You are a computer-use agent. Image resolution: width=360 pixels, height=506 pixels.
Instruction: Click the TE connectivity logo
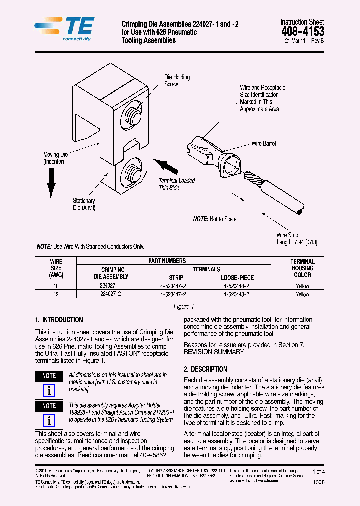click(x=64, y=29)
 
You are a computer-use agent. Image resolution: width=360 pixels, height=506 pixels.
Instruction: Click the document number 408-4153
click(x=302, y=32)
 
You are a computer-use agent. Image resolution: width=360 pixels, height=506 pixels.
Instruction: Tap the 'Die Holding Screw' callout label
click(x=177, y=81)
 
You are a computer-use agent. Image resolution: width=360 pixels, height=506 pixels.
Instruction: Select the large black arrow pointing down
click(x=51, y=183)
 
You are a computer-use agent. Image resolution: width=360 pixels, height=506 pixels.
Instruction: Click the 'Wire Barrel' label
click(x=263, y=144)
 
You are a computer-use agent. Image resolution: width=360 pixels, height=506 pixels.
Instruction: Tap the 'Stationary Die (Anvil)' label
click(x=84, y=204)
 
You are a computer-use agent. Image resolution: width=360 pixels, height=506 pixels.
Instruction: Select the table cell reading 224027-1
click(x=110, y=286)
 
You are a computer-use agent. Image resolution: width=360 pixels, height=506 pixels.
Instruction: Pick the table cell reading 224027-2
click(x=110, y=294)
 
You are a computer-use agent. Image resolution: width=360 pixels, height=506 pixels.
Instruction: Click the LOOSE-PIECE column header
click(x=237, y=278)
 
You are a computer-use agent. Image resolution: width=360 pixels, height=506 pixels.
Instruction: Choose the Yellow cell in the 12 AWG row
click(x=302, y=294)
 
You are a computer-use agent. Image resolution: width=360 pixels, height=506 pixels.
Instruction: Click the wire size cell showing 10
click(x=56, y=286)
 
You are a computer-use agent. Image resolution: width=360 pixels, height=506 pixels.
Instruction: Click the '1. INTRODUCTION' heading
click(x=59, y=320)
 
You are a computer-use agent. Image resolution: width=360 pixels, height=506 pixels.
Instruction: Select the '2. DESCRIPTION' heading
click(x=205, y=369)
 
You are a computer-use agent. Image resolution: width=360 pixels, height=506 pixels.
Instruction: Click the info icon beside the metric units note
click(x=49, y=390)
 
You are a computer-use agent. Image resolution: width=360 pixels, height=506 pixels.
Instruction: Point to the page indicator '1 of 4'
click(x=318, y=471)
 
